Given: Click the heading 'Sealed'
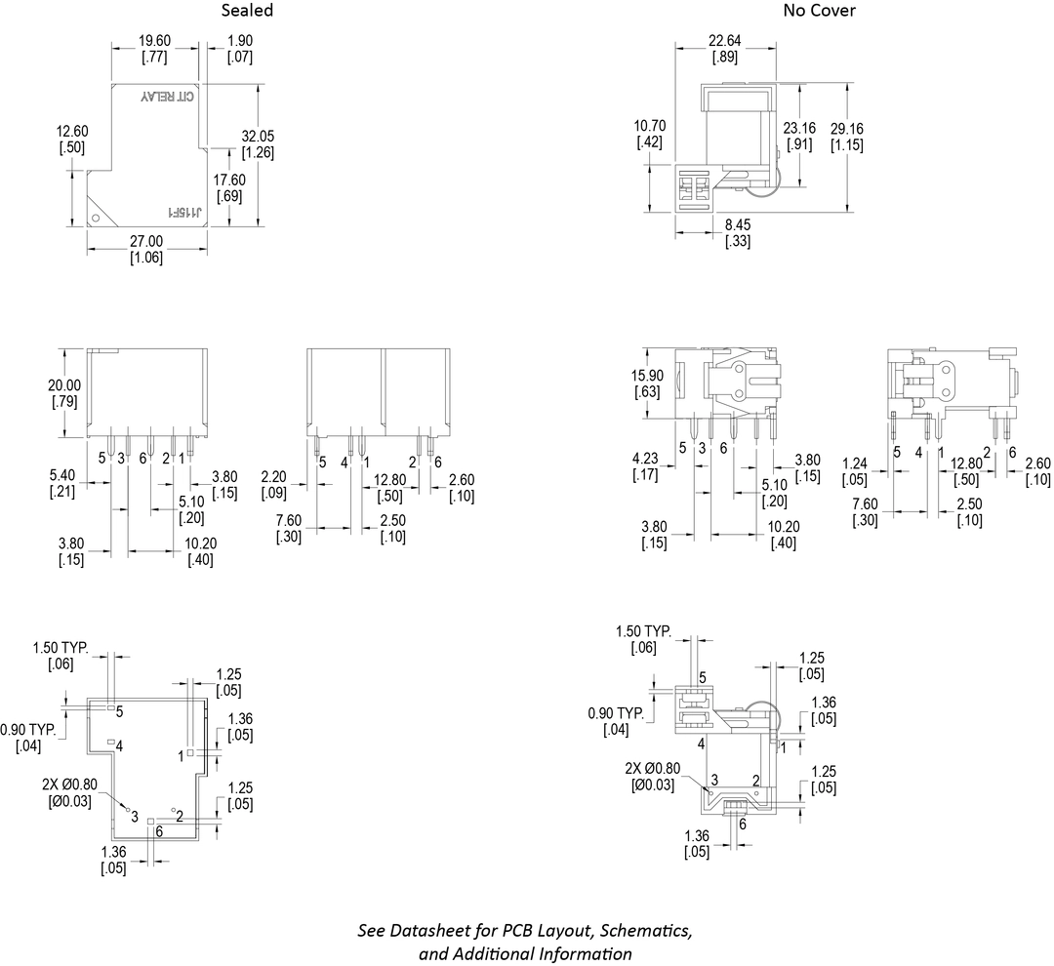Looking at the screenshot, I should pyautogui.click(x=247, y=11).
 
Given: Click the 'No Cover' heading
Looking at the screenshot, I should pyautogui.click(x=819, y=11).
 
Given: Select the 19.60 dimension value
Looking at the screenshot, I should pyautogui.click(x=155, y=41).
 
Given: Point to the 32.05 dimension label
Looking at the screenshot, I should pyautogui.click(x=258, y=136).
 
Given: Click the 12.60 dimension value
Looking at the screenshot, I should pyautogui.click(x=72, y=132).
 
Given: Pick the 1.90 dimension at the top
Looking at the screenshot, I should pyautogui.click(x=241, y=41).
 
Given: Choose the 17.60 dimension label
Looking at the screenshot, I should pyautogui.click(x=230, y=181).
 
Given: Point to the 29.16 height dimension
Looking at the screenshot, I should pyautogui.click(x=847, y=129).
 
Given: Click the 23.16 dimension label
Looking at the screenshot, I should pyautogui.click(x=800, y=129).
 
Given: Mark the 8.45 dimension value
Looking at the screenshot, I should pyautogui.click(x=738, y=224).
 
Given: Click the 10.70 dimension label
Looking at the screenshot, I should pyautogui.click(x=650, y=126).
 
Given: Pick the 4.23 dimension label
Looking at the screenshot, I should pyautogui.click(x=646, y=459).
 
